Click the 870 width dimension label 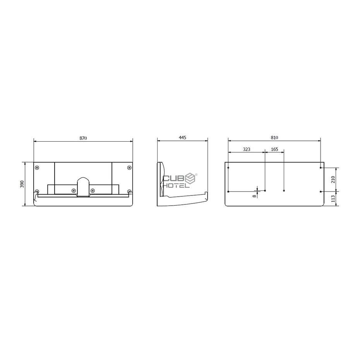(x=83, y=138)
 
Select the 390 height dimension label (x=22, y=184)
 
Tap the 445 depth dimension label (x=182, y=137)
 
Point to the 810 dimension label (x=274, y=137)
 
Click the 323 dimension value (x=246, y=149)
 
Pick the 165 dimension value (x=274, y=149)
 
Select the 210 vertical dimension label (x=333, y=179)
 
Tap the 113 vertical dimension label (x=333, y=198)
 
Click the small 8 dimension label (x=254, y=196)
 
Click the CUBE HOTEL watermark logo (x=180, y=180)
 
